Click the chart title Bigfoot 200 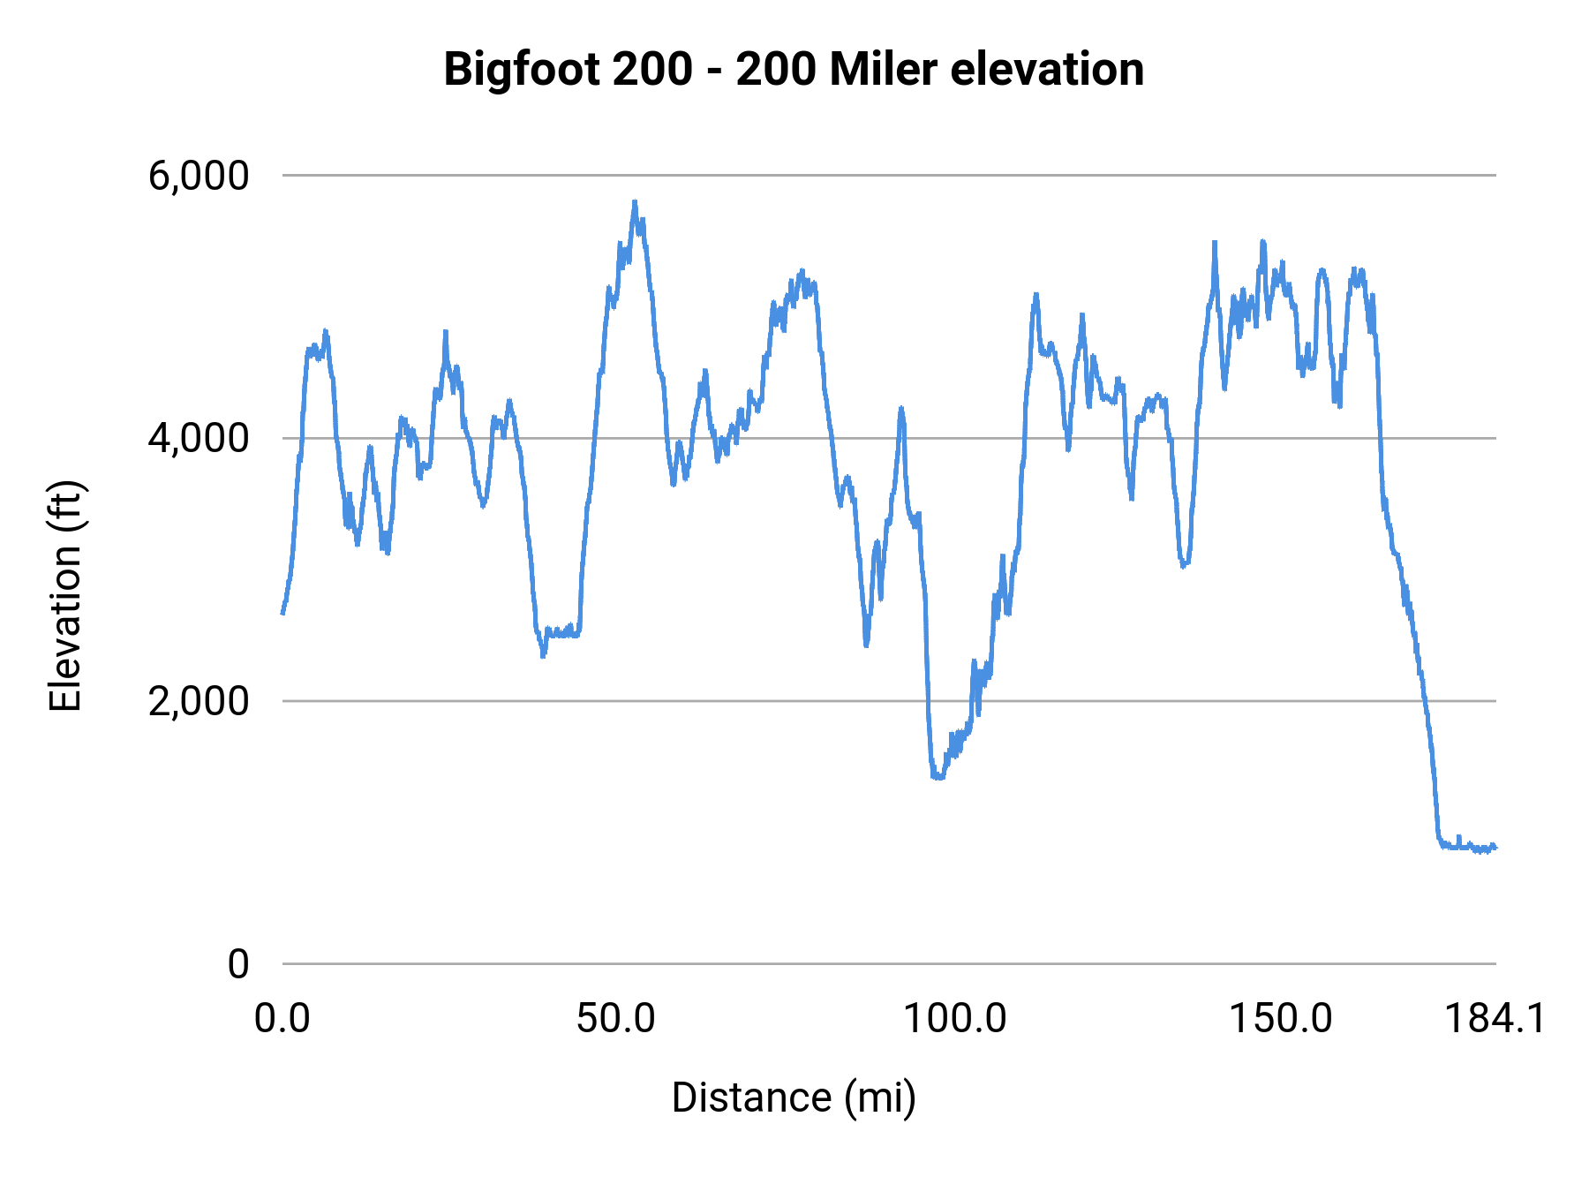click(x=793, y=69)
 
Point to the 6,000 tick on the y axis click(x=199, y=176)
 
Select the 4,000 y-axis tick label click(x=199, y=438)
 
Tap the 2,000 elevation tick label click(x=199, y=701)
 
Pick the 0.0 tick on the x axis click(x=282, y=1019)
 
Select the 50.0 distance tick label click(x=615, y=1019)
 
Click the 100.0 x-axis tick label click(x=954, y=1019)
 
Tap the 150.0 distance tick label click(x=1280, y=1019)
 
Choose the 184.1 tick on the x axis click(x=1495, y=1019)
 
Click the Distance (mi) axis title click(x=794, y=1098)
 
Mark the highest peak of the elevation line click(x=634, y=202)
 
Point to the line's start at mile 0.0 click(x=283, y=612)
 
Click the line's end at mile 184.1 click(x=1495, y=848)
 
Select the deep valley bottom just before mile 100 click(x=938, y=777)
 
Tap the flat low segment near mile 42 click(x=561, y=633)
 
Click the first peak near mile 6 click(x=325, y=332)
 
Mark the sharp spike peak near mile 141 click(x=1215, y=242)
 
